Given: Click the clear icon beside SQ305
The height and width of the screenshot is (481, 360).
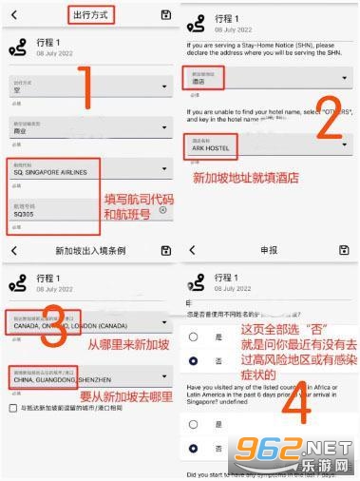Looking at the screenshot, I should (162, 210).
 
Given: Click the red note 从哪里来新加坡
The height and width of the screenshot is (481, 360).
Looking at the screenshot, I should (118, 344).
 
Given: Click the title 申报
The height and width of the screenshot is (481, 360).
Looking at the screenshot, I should (268, 250).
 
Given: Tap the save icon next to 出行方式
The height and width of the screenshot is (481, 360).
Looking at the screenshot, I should (167, 13).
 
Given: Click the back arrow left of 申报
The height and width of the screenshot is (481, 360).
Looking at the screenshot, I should (193, 250).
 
